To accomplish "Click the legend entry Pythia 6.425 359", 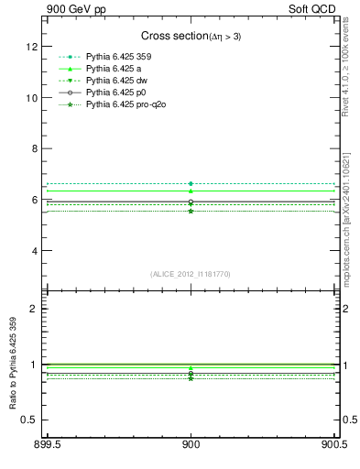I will [x=123, y=58].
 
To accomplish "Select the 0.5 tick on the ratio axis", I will [x=29, y=420].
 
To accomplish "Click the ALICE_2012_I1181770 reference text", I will [x=191, y=274].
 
